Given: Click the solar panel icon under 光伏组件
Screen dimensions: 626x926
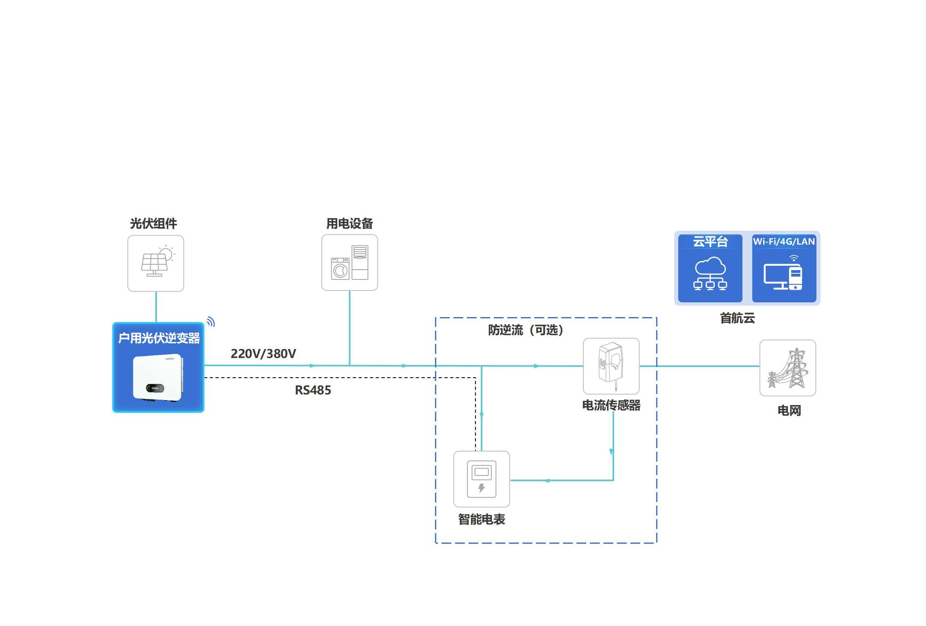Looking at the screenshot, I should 156,263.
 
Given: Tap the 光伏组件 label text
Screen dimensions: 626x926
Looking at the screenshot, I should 153,223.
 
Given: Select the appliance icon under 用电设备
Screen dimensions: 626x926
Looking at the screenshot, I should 350,262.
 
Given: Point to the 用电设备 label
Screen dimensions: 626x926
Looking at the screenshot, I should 350,223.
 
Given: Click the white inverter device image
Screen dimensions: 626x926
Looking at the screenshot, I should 158,378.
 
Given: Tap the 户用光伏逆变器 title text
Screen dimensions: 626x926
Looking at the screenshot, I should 159,338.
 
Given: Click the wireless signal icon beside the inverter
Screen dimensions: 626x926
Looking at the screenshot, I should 211,322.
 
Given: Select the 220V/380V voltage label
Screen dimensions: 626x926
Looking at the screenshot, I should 263,354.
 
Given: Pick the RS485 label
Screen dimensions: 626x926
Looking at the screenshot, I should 313,390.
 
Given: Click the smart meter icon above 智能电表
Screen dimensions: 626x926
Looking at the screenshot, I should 482,479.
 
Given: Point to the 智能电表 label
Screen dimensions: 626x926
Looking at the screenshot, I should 482,519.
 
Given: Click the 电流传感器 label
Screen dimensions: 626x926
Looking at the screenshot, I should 611,405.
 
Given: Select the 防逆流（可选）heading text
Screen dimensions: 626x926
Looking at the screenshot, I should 525,330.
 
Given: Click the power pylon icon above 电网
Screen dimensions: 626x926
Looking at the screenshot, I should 787,368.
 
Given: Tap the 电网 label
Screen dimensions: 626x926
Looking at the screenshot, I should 789,410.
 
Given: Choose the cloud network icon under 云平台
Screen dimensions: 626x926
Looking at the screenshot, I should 710,274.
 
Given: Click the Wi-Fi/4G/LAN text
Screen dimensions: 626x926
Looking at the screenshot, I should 784,241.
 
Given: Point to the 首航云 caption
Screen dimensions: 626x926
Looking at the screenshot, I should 737,318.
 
